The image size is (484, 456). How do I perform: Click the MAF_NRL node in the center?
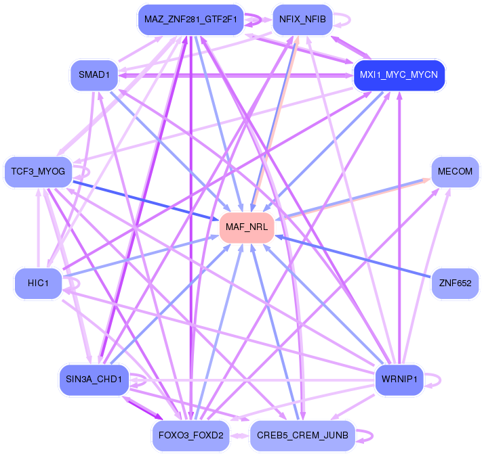[x=247, y=227]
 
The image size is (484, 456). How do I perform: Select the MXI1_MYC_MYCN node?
[x=399, y=74]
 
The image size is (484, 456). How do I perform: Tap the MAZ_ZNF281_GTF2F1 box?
[x=190, y=20]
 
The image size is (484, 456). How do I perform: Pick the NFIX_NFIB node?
[x=302, y=20]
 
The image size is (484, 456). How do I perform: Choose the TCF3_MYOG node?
[x=38, y=172]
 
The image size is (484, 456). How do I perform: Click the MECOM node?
[x=455, y=172]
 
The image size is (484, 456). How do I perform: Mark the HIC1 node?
[x=38, y=283]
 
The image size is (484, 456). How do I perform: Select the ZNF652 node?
[x=455, y=283]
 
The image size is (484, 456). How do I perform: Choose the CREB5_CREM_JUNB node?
[x=302, y=434]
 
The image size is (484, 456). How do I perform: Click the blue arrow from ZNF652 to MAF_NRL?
[x=352, y=257]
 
